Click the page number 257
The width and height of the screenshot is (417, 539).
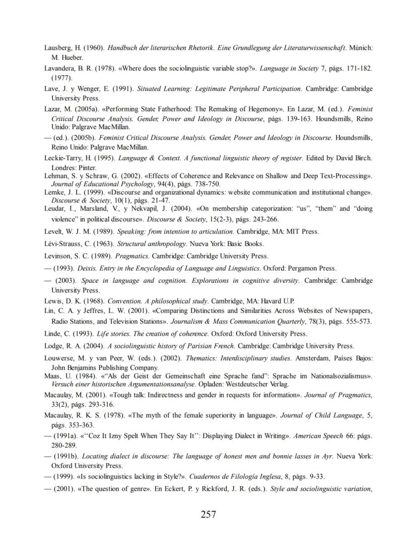[x=208, y=514]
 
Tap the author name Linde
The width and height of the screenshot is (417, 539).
[x=54, y=334]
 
